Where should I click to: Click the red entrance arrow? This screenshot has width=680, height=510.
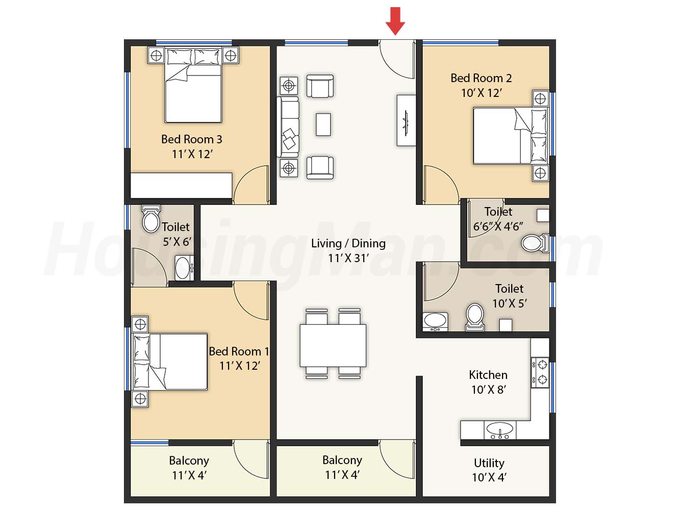pos(395,21)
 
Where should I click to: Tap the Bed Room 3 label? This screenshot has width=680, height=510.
pos(192,139)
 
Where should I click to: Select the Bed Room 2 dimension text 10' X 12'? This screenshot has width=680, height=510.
pos(482,93)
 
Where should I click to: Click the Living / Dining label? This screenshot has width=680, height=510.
pos(348,243)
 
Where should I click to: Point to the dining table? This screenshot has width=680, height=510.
pos(333,346)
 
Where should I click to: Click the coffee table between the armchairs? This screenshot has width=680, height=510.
pos(323,124)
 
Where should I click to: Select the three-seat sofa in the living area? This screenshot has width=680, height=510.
pos(288,127)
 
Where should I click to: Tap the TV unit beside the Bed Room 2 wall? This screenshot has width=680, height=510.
pos(406,120)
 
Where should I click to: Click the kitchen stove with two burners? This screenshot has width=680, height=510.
pos(540,372)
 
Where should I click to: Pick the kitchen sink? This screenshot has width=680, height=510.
pos(500,430)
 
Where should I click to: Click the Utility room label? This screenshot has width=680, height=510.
pos(489,463)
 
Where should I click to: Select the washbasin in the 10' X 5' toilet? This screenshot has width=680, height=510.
pos(435,321)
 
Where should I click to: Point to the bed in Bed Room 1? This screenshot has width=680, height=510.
pos(170,362)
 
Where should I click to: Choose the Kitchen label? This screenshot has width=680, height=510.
pos(488,375)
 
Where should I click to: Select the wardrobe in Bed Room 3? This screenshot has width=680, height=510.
pos(181,185)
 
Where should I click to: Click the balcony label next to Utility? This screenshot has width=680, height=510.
pos(342,460)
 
